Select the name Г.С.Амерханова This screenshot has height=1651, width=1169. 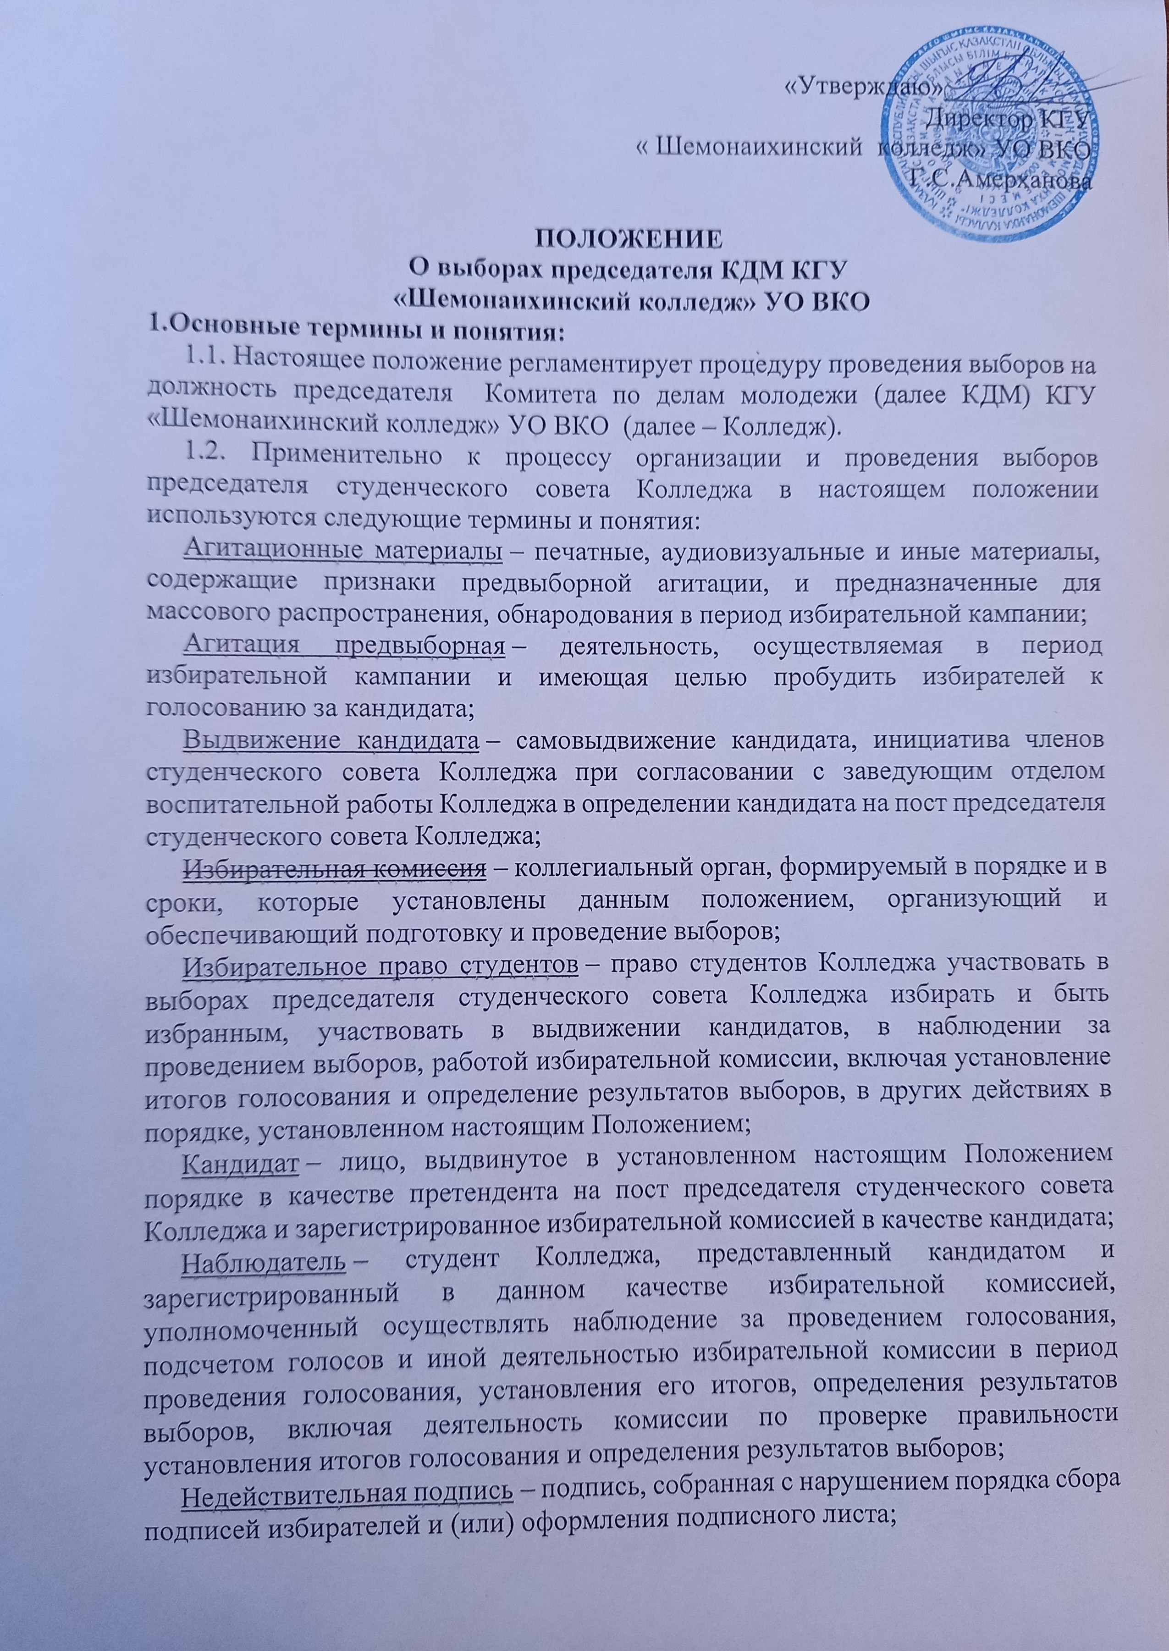pyautogui.click(x=1003, y=180)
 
